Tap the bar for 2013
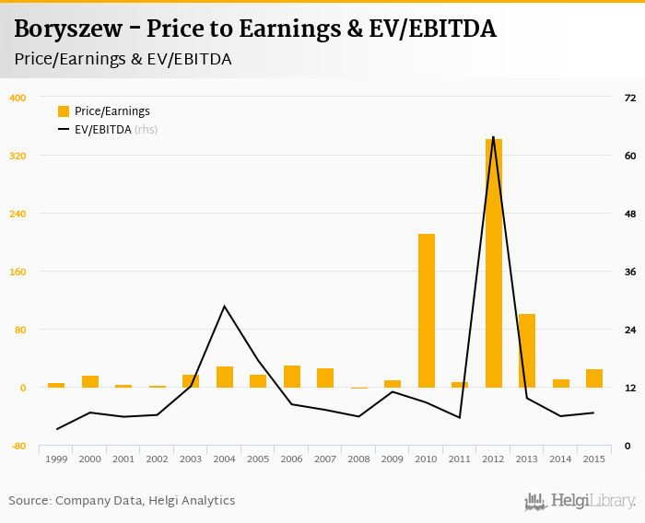click(527, 351)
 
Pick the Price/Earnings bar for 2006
click(292, 377)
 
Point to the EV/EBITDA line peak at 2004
click(225, 306)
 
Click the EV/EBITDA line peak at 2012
click(494, 137)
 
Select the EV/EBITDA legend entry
click(107, 130)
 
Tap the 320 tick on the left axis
click(18, 156)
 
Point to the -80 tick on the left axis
click(18, 446)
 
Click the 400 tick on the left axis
click(18, 98)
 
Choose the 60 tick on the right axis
click(630, 156)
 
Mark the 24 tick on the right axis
click(630, 330)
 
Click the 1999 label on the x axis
click(56, 459)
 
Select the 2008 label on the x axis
click(359, 459)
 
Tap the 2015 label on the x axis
click(594, 459)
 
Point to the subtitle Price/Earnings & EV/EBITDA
click(123, 59)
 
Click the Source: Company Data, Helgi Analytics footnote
click(123, 500)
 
